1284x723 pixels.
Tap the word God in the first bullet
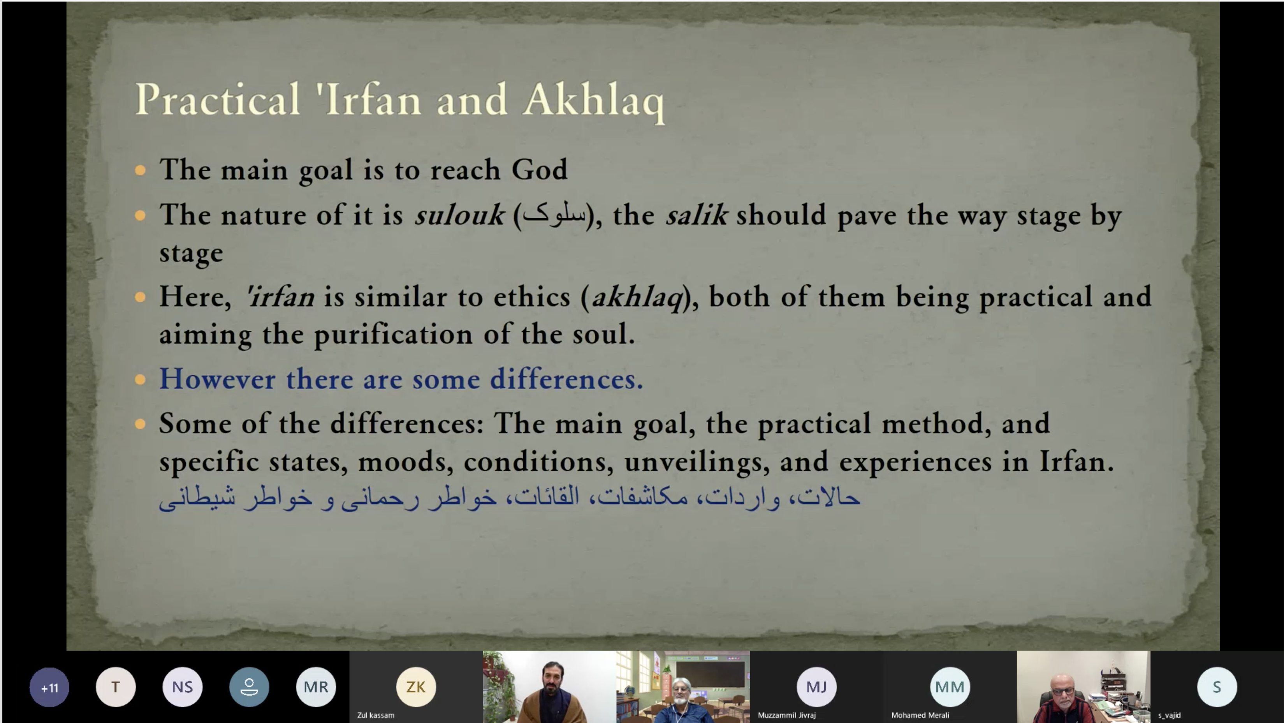539,169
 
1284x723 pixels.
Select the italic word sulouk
459,215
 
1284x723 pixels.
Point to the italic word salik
697,215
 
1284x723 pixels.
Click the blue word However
217,379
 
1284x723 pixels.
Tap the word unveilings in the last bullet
693,462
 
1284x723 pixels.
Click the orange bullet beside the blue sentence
140,379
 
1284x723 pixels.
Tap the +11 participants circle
49,687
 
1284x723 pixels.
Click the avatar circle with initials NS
183,687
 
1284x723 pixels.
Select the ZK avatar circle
416,687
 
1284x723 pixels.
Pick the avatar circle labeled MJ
816,687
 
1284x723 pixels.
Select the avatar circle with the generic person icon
249,687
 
